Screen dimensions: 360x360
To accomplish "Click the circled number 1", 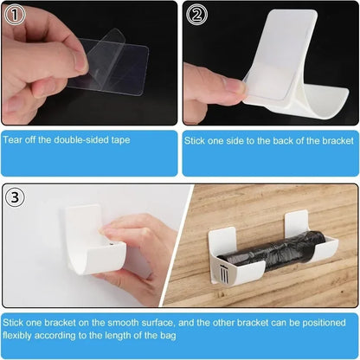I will [15, 14].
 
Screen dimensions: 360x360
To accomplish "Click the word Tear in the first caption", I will [12, 138].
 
